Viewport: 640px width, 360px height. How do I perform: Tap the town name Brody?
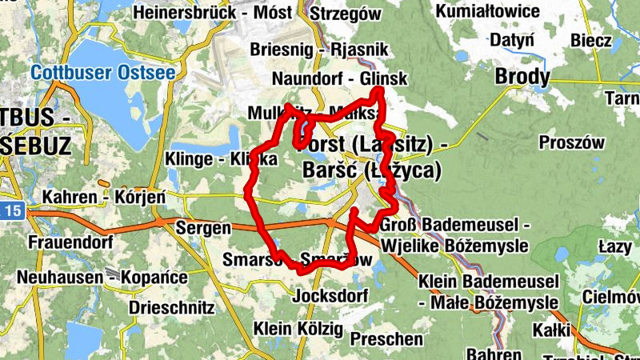[x=522, y=77]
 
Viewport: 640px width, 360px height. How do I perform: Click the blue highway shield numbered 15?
[x=10, y=211]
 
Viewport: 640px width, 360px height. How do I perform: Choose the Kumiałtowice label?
[x=490, y=11]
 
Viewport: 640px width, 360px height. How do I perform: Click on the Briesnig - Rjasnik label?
[x=318, y=50]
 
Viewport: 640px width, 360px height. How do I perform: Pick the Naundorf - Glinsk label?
[x=339, y=79]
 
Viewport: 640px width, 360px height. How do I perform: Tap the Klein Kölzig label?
[x=298, y=329]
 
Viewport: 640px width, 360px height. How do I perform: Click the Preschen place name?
[x=386, y=339]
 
